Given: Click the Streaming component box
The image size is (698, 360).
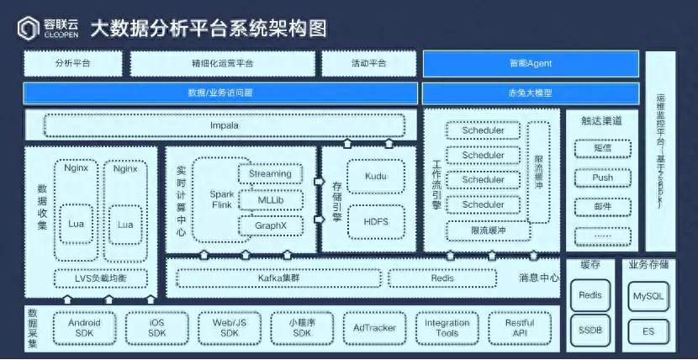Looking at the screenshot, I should [x=270, y=174].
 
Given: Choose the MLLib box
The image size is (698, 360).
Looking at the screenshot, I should [x=270, y=200].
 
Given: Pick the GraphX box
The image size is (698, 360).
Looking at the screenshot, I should [x=270, y=225].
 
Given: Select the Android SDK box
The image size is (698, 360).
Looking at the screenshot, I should [x=84, y=327].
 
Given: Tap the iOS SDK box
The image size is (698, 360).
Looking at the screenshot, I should [x=157, y=327].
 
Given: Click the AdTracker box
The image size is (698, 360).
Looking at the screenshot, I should [x=374, y=327].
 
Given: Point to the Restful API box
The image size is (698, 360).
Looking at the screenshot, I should [x=520, y=327].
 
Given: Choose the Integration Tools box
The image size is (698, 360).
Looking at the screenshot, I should [x=447, y=327].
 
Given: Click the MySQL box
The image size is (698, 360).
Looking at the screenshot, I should [x=648, y=296].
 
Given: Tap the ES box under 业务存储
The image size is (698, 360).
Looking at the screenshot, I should [x=648, y=331].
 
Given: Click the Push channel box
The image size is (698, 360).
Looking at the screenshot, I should [x=602, y=177].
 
